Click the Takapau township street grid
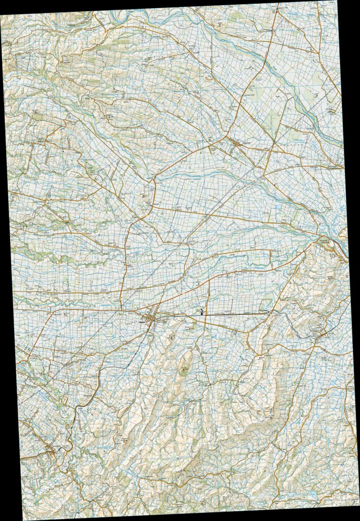(150, 318)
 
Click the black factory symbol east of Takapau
(203, 312)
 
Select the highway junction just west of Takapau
(122, 309)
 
